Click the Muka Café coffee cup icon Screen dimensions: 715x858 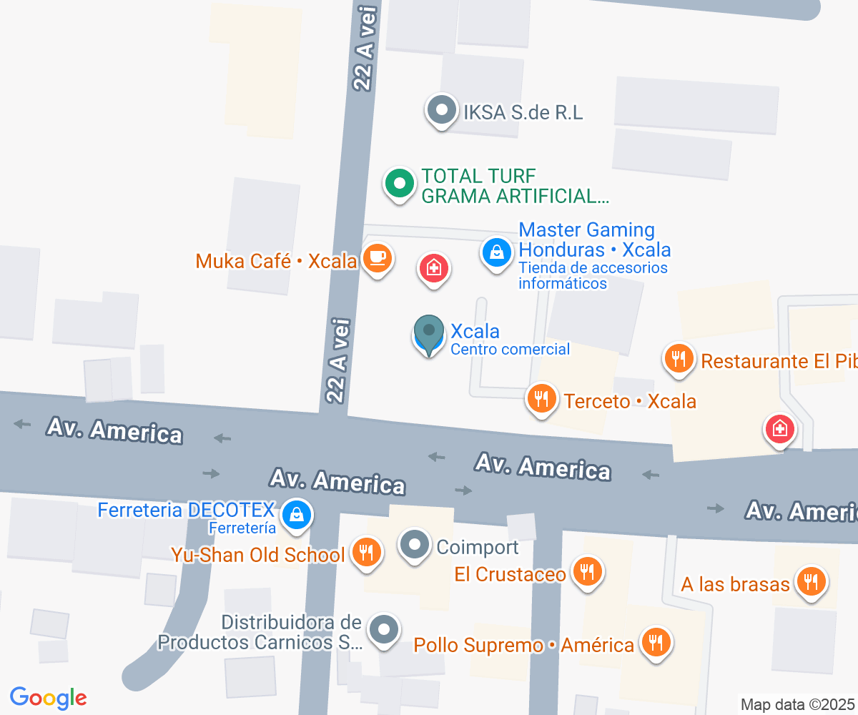point(377,258)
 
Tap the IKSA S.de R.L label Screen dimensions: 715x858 point(523,112)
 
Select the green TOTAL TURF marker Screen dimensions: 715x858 point(400,184)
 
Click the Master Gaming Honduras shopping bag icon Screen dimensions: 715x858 point(495,252)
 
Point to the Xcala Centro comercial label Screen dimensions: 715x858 point(509,339)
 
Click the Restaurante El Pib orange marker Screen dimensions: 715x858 point(678,357)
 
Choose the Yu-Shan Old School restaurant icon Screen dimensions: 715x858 point(365,552)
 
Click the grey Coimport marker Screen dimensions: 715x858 point(414,546)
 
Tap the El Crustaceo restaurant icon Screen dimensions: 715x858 point(586,572)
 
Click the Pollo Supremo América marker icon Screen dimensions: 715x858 point(654,642)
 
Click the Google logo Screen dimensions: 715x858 point(48,698)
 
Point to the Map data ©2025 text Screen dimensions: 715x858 point(797,704)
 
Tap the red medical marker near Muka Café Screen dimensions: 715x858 point(433,269)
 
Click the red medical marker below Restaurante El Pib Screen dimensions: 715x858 point(779,430)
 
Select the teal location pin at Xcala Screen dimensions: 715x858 point(429,333)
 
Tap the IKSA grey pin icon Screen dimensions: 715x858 point(441,111)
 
